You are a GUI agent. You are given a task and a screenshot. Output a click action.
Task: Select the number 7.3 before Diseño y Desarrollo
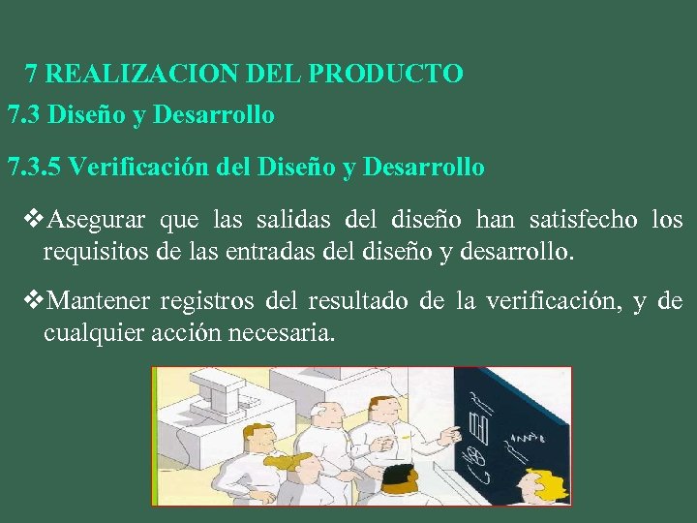23,115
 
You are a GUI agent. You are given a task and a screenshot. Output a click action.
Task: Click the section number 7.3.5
34,168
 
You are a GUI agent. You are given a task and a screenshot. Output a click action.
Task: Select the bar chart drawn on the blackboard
478,423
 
